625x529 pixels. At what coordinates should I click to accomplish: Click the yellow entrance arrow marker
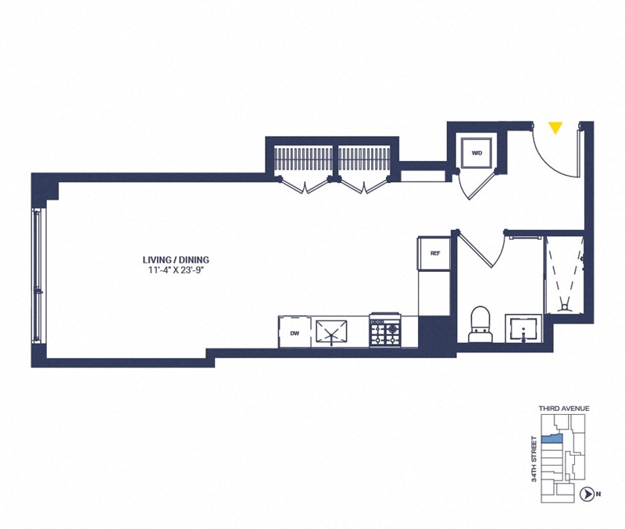pos(555,127)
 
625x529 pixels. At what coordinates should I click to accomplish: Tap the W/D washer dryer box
pos(476,153)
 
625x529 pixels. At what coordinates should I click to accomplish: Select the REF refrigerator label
pos(435,253)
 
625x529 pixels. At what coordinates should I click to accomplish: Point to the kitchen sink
pos(334,331)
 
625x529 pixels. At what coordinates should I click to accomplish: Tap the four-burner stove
pos(384,331)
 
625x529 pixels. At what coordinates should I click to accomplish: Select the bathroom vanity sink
pos(521,328)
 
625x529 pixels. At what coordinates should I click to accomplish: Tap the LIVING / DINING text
pos(175,259)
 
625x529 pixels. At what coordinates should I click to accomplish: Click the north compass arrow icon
pos(585,493)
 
